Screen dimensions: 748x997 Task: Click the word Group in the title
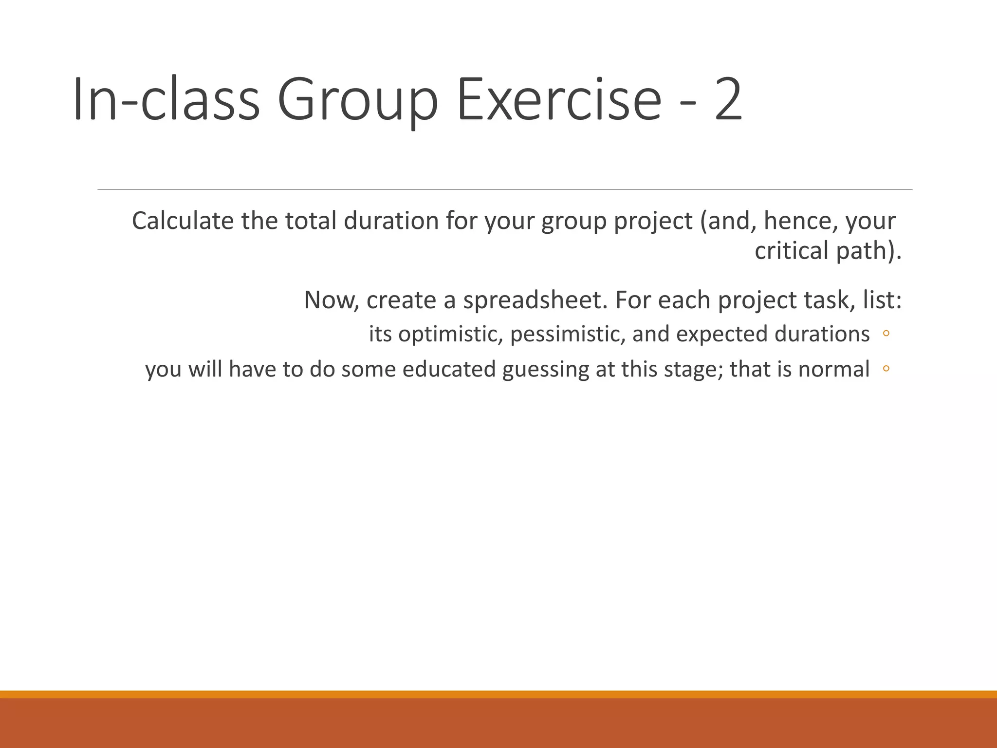358,101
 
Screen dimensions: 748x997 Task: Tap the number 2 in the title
728,100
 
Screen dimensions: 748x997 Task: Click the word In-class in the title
166,100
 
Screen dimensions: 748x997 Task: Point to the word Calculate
183,221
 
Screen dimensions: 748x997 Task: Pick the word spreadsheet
535,300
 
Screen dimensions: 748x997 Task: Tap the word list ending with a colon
882,300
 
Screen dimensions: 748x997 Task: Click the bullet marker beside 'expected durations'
886,334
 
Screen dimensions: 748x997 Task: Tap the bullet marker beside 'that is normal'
886,369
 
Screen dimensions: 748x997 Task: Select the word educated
449,369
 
